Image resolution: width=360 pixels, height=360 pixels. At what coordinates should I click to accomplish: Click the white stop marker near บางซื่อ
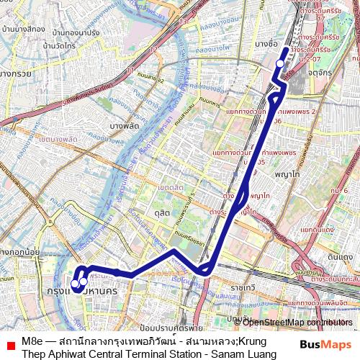[x=280, y=63]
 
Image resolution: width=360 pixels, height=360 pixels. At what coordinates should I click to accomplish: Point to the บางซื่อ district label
[x=266, y=44]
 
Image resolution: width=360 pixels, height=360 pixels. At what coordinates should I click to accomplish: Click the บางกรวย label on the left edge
[x=14, y=73]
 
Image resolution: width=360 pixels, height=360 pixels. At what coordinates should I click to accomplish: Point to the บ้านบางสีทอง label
[x=24, y=30]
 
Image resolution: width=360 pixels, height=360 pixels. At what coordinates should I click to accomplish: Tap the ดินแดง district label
[x=339, y=256]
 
